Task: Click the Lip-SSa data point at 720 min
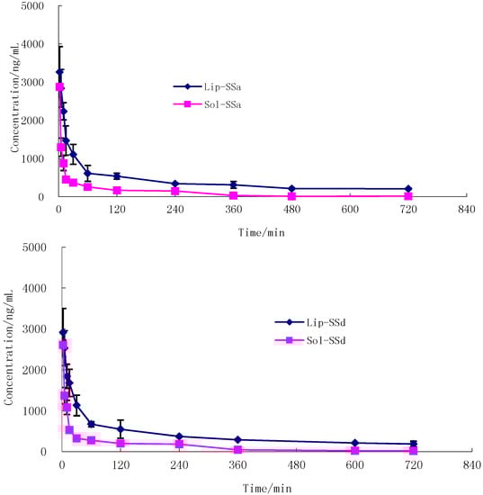click(408, 189)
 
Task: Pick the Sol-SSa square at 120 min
click(117, 190)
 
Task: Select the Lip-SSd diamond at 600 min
click(355, 443)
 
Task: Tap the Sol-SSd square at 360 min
click(237, 449)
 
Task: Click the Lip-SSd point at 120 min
click(121, 429)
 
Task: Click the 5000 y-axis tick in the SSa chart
click(39, 6)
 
